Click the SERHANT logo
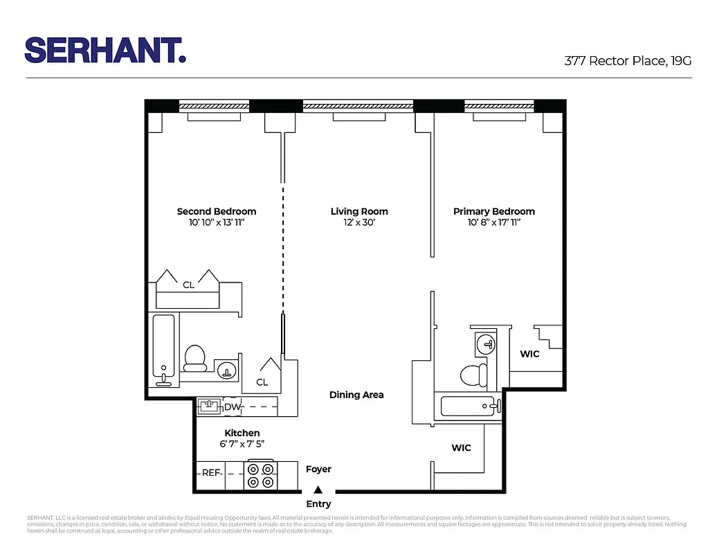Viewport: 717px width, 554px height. pyautogui.click(x=105, y=51)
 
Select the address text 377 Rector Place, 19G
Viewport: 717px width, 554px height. pyautogui.click(x=628, y=61)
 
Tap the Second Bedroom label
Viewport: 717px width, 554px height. pyautogui.click(x=216, y=211)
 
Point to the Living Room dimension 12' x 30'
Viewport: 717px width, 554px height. pyautogui.click(x=358, y=223)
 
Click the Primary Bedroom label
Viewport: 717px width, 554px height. pyautogui.click(x=493, y=211)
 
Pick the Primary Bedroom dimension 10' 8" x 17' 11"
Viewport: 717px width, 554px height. pyautogui.click(x=493, y=223)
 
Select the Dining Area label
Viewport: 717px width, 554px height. pyautogui.click(x=356, y=395)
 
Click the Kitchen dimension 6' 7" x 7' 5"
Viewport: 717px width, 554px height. pyautogui.click(x=242, y=445)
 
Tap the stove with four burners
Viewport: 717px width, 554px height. pyautogui.click(x=261, y=476)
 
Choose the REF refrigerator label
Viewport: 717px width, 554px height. pyautogui.click(x=210, y=473)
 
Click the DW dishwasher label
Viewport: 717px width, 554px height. pyautogui.click(x=231, y=407)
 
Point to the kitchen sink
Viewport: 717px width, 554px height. pyautogui.click(x=209, y=406)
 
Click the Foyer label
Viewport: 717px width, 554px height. pyautogui.click(x=318, y=470)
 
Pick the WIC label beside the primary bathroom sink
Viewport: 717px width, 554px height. pyautogui.click(x=529, y=354)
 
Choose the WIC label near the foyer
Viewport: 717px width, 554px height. pyautogui.click(x=461, y=448)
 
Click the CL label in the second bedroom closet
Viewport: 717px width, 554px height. pyautogui.click(x=188, y=285)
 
